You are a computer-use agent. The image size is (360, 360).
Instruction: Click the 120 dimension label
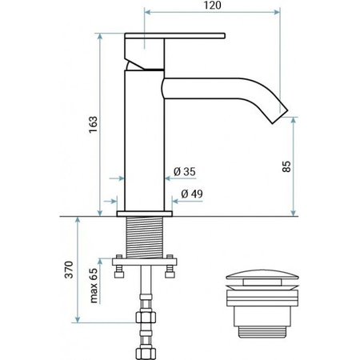[x=213, y=6]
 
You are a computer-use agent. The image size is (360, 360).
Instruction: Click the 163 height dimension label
[x=94, y=125]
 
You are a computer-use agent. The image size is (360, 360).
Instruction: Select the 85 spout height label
[x=286, y=166]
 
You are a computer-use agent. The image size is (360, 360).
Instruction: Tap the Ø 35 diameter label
[x=185, y=171]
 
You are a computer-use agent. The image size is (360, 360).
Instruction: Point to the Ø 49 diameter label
[x=192, y=194]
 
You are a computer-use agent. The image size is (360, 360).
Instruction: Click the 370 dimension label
[x=69, y=270]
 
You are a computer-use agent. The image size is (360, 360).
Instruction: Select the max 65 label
[x=94, y=286]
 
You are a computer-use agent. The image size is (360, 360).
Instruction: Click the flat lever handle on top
[x=175, y=36]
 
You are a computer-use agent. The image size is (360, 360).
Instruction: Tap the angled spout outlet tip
[x=280, y=117]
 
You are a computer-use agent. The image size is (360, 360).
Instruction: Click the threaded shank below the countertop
[x=145, y=238]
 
